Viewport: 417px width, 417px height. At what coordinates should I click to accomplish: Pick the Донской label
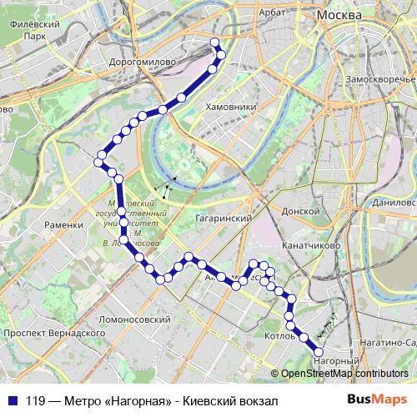[301, 212]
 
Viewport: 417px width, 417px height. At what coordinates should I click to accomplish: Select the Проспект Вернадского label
[48, 333]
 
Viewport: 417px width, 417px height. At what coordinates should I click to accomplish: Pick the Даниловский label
[394, 203]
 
